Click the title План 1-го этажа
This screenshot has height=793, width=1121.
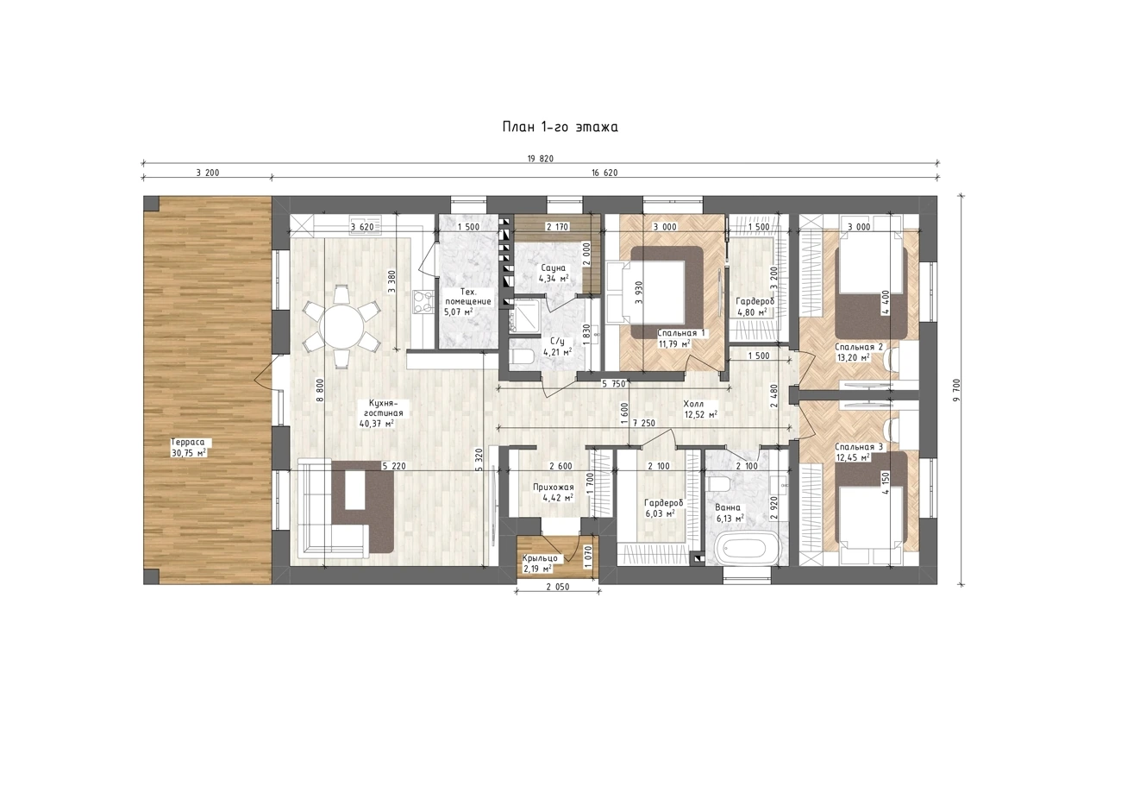(560, 127)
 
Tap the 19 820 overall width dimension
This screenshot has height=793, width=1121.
(541, 159)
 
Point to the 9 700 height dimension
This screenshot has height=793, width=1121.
(957, 390)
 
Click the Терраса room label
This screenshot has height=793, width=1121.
(188, 443)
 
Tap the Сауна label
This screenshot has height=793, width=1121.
(553, 267)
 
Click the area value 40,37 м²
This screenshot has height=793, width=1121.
(376, 424)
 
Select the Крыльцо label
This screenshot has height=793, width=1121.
(540, 558)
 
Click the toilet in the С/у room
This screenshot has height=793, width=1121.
(523, 357)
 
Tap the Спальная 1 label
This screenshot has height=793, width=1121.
(681, 333)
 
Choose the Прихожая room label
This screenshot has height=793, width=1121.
(553, 488)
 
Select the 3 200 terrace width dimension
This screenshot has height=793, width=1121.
(208, 173)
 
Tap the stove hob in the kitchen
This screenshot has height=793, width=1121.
(423, 301)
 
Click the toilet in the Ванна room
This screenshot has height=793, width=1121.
(718, 484)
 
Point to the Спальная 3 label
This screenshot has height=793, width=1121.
(859, 447)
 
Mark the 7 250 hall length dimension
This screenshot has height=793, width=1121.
(643, 423)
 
